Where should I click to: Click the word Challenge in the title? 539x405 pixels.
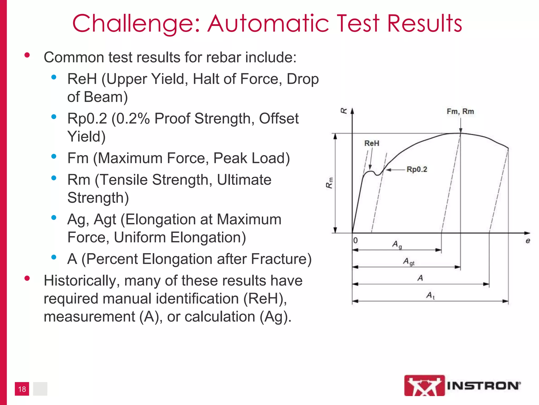134,24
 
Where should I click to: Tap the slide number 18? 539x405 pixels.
22,389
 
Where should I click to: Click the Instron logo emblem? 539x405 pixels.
424,385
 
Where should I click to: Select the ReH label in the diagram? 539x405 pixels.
372,143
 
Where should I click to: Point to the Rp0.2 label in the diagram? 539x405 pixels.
417,169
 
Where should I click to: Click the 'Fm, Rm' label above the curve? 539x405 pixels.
460,112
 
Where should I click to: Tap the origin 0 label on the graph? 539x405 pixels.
356,240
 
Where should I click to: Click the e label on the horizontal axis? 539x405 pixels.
528,241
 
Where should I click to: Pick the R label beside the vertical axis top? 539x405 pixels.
344,111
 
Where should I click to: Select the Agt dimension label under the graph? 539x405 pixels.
409,262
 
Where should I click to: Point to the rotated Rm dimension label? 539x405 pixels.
330,183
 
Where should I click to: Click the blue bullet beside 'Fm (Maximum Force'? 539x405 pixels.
54,156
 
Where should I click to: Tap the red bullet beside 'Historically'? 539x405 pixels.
27,278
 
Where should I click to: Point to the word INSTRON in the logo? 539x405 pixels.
484,386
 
